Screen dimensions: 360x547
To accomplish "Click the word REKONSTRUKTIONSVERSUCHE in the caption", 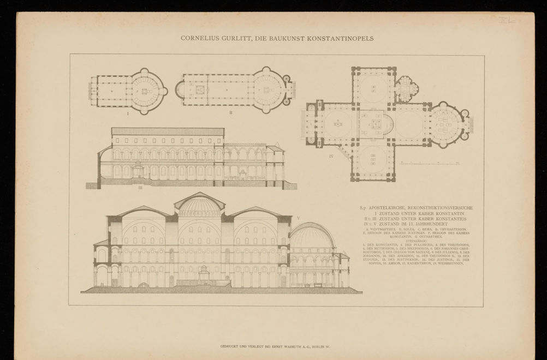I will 441,208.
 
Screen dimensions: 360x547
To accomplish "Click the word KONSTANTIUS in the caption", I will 456,219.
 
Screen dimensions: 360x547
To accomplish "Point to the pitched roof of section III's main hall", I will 167,131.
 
